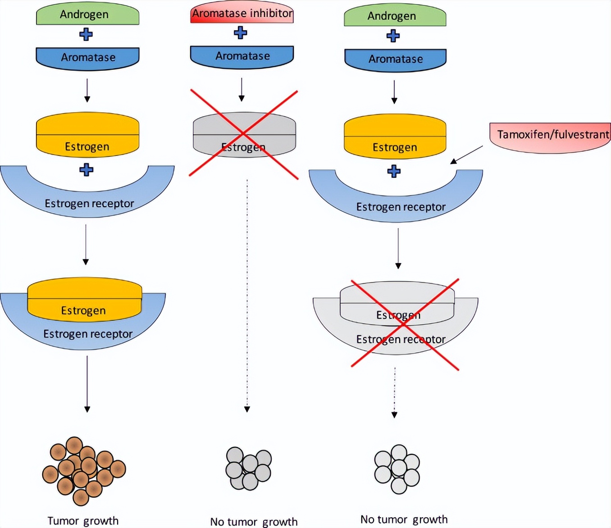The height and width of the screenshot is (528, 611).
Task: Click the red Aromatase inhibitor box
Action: [242, 14]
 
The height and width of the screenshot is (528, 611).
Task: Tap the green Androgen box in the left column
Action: [87, 15]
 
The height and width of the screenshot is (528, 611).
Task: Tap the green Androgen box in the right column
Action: [395, 16]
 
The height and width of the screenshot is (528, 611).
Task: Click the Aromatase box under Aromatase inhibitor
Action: [242, 56]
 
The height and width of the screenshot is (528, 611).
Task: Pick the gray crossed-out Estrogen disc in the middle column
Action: [244, 134]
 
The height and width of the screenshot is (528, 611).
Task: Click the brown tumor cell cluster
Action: [84, 470]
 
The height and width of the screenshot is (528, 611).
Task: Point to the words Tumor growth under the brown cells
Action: [83, 521]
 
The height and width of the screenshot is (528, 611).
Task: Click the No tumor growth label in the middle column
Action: [254, 522]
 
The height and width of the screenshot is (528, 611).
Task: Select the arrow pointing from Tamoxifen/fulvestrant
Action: [466, 155]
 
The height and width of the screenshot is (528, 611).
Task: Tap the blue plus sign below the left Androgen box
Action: [86, 34]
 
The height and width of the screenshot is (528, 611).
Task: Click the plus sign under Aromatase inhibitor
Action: [241, 32]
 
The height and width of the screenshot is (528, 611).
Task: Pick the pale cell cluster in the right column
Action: [397, 469]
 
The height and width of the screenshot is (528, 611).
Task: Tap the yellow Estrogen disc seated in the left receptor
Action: [85, 297]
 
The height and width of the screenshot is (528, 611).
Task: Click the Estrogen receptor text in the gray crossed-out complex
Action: [401, 339]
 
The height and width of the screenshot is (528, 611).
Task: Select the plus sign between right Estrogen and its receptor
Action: [394, 171]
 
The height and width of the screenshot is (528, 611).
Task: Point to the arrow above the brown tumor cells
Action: [87, 383]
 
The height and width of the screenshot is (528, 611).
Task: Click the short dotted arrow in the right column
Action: [395, 392]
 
